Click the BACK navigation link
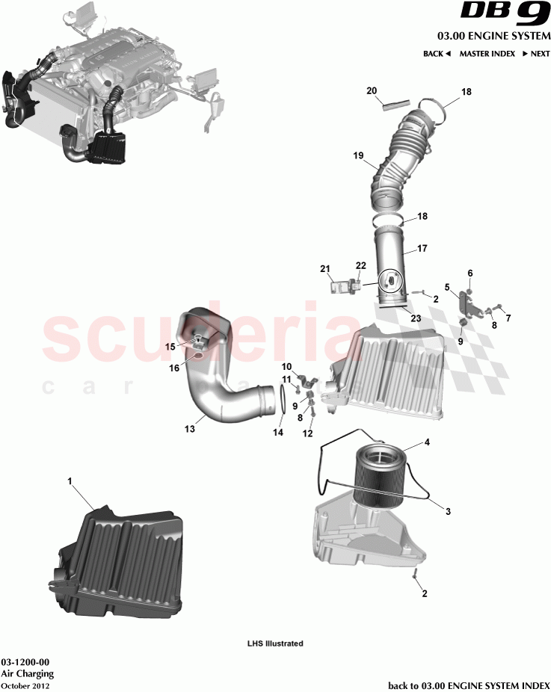(x=437, y=54)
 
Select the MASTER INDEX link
(x=487, y=54)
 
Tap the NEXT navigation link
(x=537, y=54)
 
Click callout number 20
(x=372, y=90)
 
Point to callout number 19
(x=358, y=155)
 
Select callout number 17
(x=422, y=248)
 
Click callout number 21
(x=324, y=268)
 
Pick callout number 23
(x=416, y=318)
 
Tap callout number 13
(x=189, y=429)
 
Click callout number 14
(x=278, y=432)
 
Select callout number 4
(x=427, y=442)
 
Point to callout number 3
(x=448, y=512)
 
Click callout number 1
(x=70, y=482)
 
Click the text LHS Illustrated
(x=275, y=643)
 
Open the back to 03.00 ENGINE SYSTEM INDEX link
(x=470, y=685)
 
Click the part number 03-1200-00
(x=25, y=663)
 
